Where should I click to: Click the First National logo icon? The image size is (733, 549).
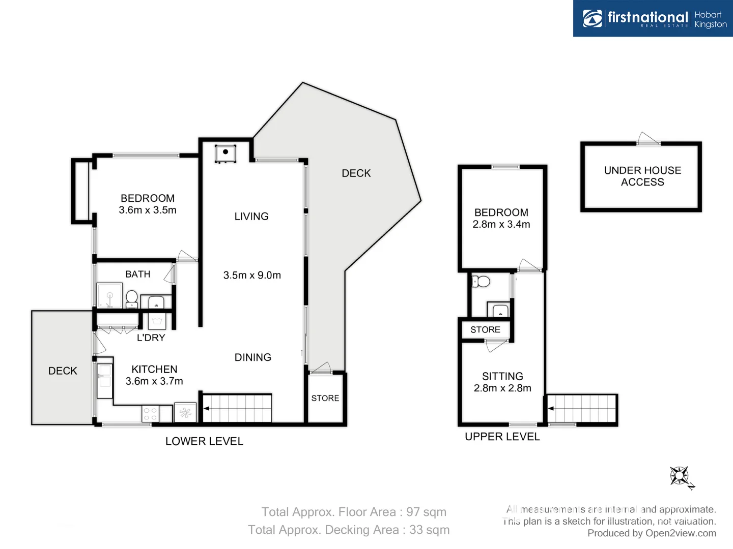592,19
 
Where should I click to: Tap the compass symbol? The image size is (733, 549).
680,477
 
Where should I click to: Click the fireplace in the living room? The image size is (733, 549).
225,153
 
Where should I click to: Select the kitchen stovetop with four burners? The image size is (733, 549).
150,414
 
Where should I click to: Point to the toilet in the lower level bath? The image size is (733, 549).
131,298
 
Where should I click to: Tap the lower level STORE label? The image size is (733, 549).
325,398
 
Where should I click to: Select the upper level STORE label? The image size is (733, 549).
485,329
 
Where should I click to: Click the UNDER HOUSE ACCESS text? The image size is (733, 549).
642,176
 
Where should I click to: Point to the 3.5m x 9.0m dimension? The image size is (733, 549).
252,275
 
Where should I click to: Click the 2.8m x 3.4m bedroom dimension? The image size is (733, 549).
501,224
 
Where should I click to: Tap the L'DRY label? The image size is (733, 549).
151,338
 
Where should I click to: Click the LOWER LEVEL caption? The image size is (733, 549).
204,441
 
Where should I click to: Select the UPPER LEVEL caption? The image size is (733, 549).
502,437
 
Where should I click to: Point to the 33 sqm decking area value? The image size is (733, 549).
429,530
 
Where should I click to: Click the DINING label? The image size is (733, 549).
252,357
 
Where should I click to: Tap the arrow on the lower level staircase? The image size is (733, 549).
206,408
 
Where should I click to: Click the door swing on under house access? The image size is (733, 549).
647,138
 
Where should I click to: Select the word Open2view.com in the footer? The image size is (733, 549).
681,533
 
